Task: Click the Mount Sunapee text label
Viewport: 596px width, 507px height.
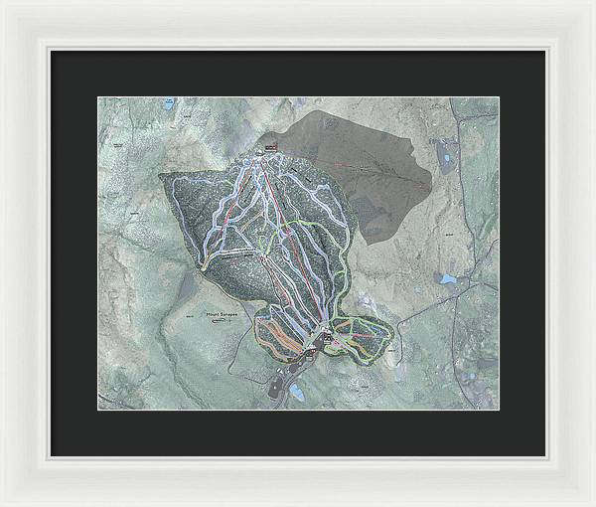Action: tap(223, 315)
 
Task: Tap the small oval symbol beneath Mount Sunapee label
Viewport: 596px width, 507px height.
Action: tap(224, 322)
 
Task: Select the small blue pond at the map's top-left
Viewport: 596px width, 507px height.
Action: tap(170, 101)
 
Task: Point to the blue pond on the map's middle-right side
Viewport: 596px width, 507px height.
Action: tap(447, 279)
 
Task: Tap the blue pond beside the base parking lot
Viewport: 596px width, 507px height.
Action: tap(296, 393)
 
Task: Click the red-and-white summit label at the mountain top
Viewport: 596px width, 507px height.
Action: tap(271, 148)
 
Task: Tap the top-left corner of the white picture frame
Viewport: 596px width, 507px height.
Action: tap(3, 3)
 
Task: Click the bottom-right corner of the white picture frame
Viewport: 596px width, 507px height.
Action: tap(592, 503)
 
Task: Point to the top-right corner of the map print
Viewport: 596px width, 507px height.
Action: tap(499, 97)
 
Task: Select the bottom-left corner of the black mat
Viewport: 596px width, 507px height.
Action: tap(52, 455)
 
